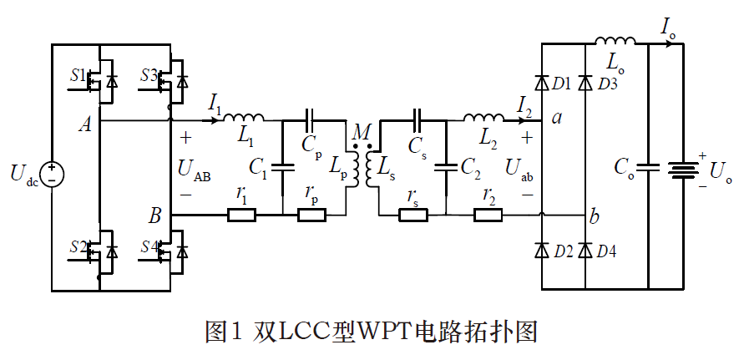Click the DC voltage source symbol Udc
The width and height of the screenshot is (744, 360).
[x=52, y=174]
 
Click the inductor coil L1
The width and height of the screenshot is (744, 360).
[x=244, y=118]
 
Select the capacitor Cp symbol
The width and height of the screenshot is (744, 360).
[x=311, y=119]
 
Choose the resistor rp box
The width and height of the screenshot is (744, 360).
[x=311, y=215]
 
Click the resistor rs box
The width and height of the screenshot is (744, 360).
[x=413, y=215]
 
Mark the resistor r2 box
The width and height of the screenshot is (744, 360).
[x=488, y=215]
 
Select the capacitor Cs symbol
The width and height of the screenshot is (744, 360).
[x=417, y=119]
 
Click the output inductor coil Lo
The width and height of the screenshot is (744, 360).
[x=615, y=41]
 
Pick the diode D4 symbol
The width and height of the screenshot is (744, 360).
[x=585, y=251]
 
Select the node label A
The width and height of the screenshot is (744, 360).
[x=84, y=124]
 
